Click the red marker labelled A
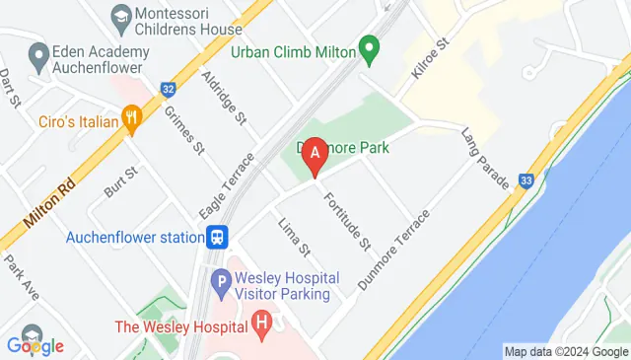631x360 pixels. pos(315,155)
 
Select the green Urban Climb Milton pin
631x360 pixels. pos(369,46)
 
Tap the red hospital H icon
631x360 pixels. pos(261,323)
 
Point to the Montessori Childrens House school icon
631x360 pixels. pos(120,16)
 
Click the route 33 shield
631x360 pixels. pos(526,180)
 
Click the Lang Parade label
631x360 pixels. pos(486,158)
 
